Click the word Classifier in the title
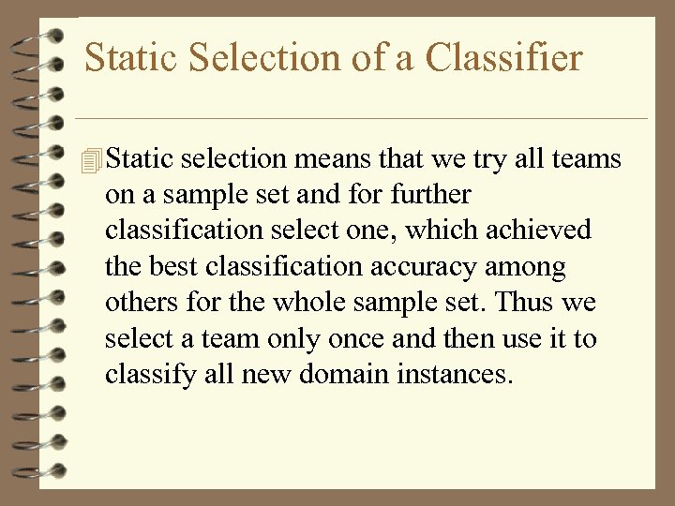coord(503,58)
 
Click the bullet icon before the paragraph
coord(90,160)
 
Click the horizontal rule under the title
coord(361,119)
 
